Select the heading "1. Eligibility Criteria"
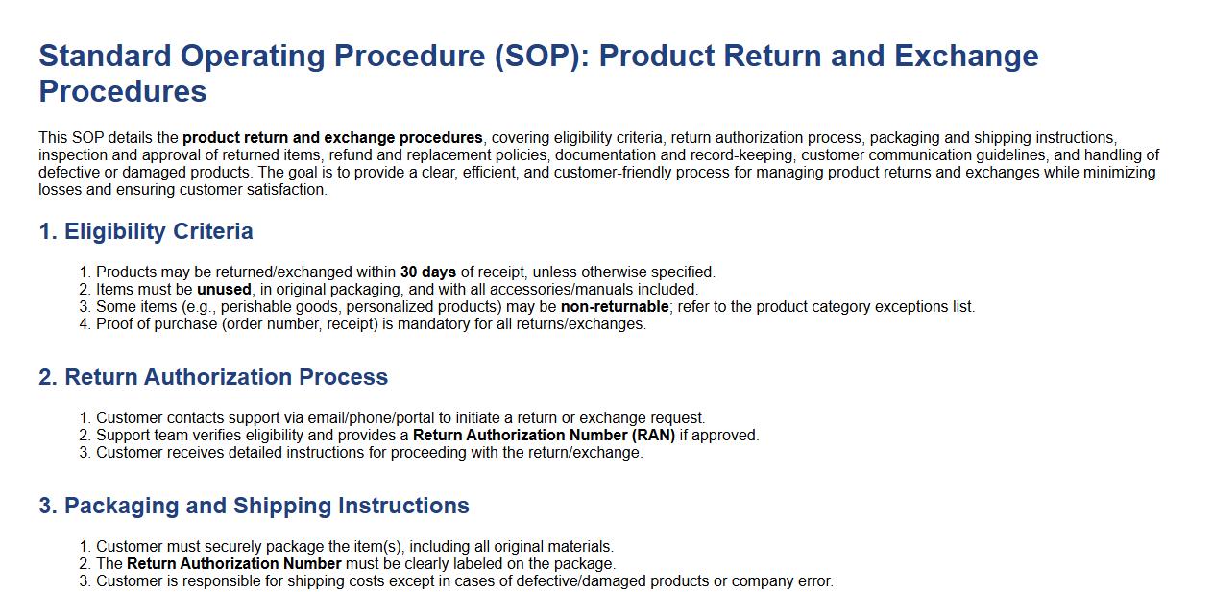coord(146,231)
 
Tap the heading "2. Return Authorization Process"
coord(213,377)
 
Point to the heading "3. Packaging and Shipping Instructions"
coord(254,506)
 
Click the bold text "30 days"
coord(427,272)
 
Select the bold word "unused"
coord(224,289)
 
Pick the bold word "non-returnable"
coord(615,306)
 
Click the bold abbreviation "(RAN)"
coord(653,435)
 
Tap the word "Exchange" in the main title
coord(966,57)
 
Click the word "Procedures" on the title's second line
coord(123,91)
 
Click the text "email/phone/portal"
coord(371,418)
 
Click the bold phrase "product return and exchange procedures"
coord(332,138)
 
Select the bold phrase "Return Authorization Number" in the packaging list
coord(234,564)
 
